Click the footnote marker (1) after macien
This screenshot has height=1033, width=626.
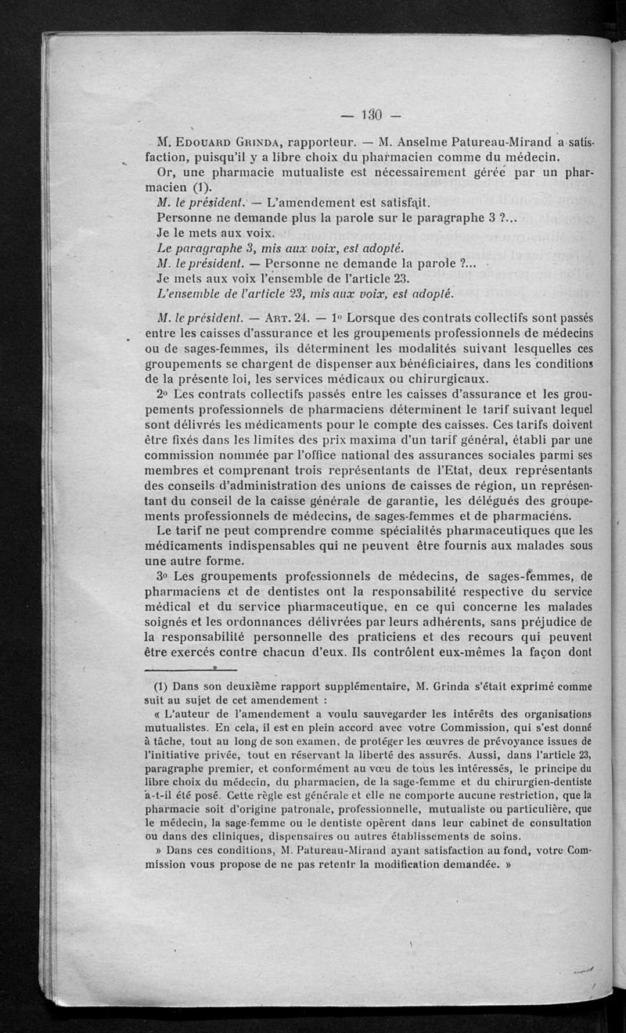(203, 187)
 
